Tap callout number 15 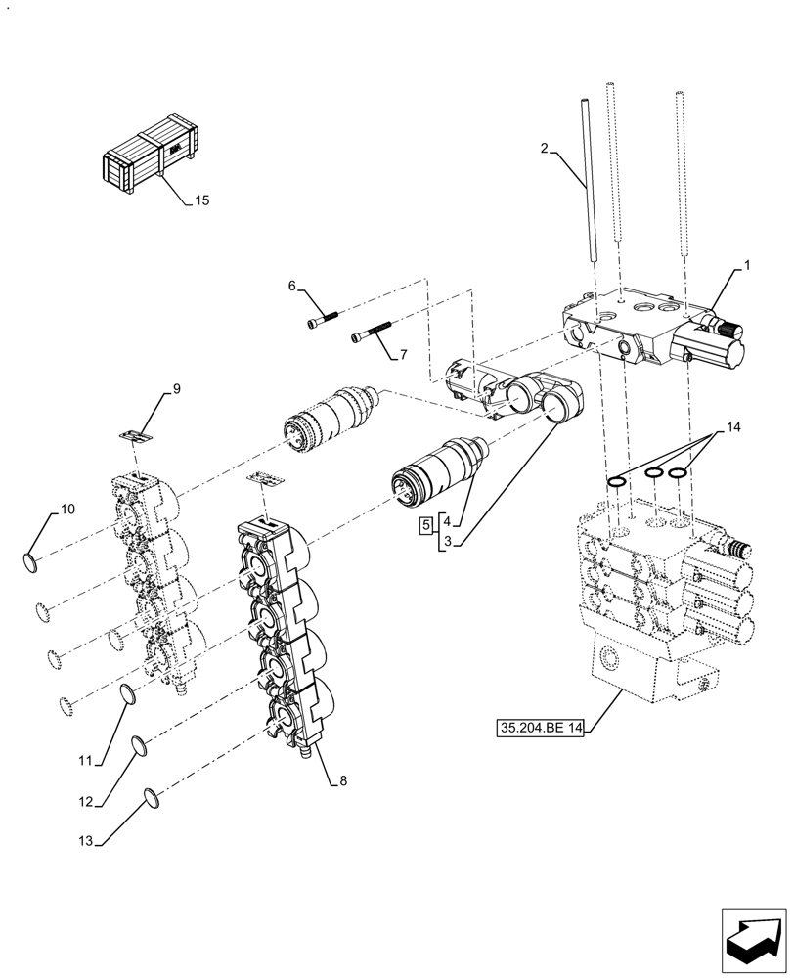pyautogui.click(x=201, y=201)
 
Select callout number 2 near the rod pyautogui.click(x=544, y=150)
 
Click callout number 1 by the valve pyautogui.click(x=747, y=264)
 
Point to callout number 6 pyautogui.click(x=291, y=286)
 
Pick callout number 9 pyautogui.click(x=177, y=389)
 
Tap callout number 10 pyautogui.click(x=66, y=509)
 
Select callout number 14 pyautogui.click(x=733, y=428)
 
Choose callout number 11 pyautogui.click(x=85, y=759)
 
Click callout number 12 pyautogui.click(x=86, y=802)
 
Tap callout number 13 pyautogui.click(x=86, y=840)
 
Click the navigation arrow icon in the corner pyautogui.click(x=753, y=940)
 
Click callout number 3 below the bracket pyautogui.click(x=448, y=541)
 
